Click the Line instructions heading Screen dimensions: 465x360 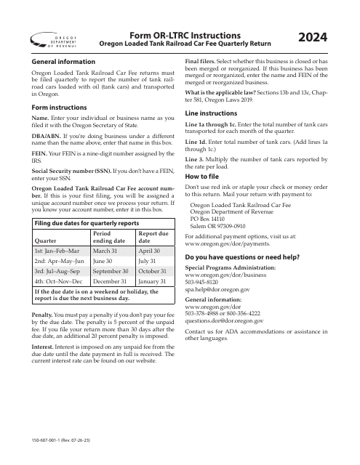(214, 114)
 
